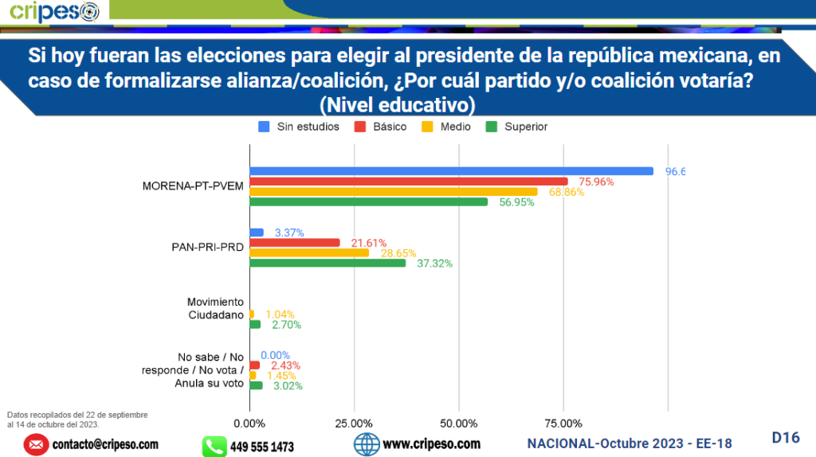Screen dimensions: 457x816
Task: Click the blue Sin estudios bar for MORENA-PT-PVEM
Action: point(451,171)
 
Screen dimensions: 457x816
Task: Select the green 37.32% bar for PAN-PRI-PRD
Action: point(328,263)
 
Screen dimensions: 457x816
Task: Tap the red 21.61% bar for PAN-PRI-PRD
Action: point(295,242)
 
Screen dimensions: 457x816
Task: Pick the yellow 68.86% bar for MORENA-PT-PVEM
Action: point(394,192)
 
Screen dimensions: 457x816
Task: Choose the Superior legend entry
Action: point(517,127)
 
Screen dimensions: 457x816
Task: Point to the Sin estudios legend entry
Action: point(300,127)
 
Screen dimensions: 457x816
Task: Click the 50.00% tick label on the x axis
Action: point(458,423)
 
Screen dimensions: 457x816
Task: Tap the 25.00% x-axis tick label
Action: point(354,423)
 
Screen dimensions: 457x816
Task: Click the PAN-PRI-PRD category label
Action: point(208,247)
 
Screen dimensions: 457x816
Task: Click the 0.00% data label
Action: point(276,355)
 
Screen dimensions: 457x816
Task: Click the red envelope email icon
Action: point(36,445)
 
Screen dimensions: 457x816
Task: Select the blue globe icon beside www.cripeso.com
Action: point(366,444)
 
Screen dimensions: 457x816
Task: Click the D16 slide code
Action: point(785,437)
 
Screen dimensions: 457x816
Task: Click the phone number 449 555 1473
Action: point(261,447)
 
